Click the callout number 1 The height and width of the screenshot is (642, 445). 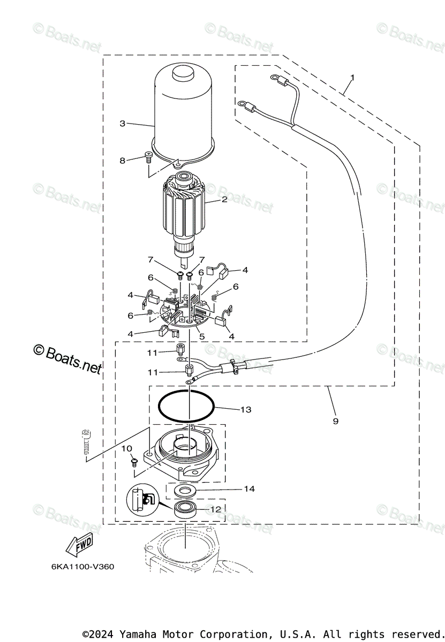click(352, 78)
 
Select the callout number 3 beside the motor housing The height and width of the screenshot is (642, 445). click(123, 124)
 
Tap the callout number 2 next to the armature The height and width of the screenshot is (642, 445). click(224, 200)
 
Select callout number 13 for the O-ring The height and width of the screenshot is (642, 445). click(246, 410)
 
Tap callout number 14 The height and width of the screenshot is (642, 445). click(249, 488)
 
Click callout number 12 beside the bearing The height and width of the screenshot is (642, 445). click(215, 509)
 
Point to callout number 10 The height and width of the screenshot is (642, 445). click(126, 448)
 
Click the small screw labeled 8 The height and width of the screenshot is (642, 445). click(148, 157)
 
